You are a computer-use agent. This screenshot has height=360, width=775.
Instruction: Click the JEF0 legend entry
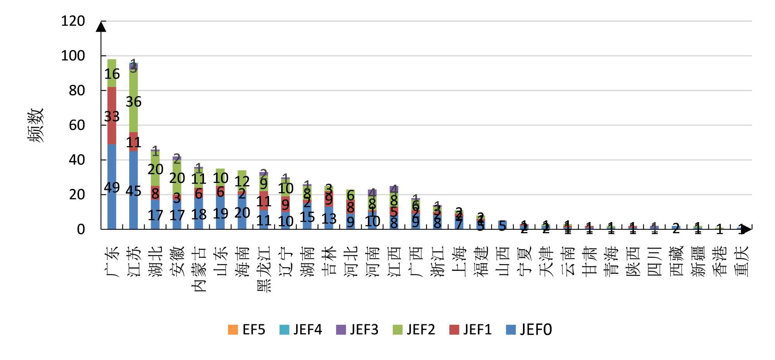(529, 330)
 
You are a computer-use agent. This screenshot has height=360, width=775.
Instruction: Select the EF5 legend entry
(247, 330)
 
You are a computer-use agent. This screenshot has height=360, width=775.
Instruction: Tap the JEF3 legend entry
(357, 330)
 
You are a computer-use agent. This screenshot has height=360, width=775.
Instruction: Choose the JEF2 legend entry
(414, 330)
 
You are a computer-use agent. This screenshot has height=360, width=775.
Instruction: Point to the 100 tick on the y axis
(73, 56)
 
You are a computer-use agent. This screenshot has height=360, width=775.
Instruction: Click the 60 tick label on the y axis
(77, 125)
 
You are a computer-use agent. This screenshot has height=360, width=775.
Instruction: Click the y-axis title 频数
(36, 125)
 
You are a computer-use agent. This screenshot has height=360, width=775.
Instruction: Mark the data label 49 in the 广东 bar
(112, 188)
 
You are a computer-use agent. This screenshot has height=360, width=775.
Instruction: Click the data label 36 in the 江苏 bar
(133, 102)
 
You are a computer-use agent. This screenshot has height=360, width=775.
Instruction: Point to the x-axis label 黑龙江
(264, 269)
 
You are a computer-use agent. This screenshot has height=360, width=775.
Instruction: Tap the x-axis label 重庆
(741, 261)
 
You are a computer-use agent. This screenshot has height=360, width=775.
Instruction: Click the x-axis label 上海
(459, 261)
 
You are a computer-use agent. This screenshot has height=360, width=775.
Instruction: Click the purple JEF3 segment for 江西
(394, 189)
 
